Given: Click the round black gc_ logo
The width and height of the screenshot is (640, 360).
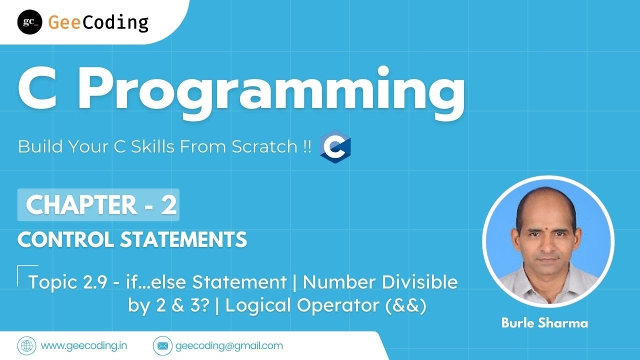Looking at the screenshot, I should [29, 22].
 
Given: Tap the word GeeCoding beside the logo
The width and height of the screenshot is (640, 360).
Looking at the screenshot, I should [98, 22].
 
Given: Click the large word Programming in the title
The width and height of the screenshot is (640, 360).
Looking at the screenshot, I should [270, 92].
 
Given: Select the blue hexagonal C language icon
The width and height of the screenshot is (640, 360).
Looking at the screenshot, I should [335, 148].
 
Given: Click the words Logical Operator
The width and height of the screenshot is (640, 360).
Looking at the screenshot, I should [296, 306].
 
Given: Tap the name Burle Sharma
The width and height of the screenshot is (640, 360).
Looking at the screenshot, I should [544, 323].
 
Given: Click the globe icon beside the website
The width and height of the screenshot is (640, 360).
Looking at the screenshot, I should [26, 345].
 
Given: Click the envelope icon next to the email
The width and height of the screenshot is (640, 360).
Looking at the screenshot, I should [161, 345].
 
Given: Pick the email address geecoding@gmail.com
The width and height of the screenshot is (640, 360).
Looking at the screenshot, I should [229, 345].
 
